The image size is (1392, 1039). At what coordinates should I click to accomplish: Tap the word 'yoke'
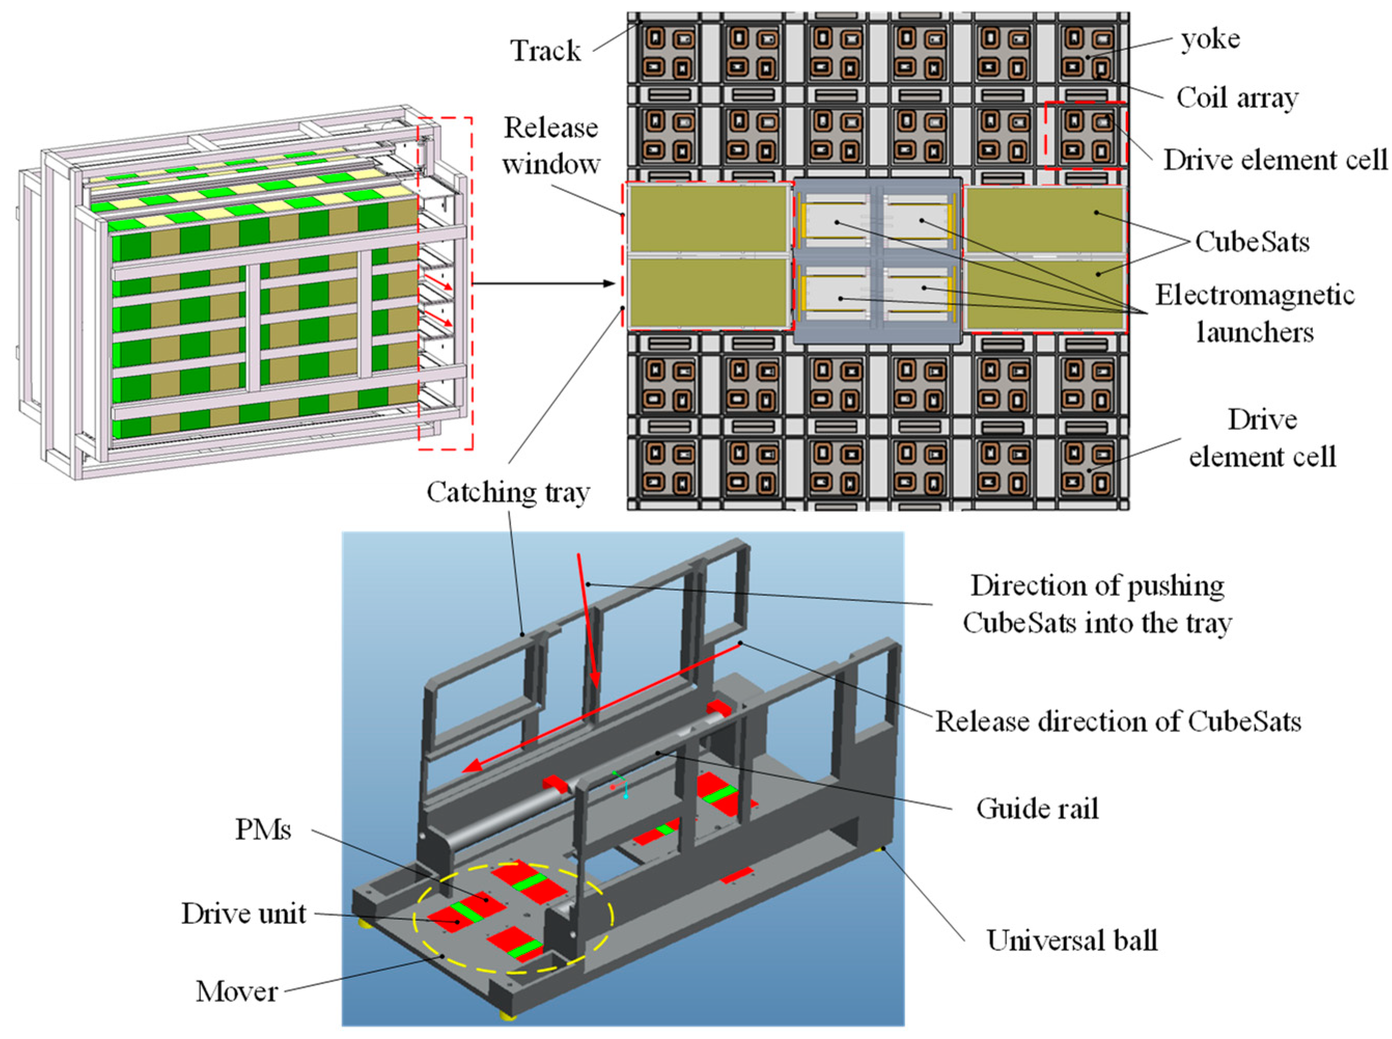(x=1209, y=39)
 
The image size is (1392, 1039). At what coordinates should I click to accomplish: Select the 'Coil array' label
(x=1236, y=97)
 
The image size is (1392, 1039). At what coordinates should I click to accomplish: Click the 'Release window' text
(x=550, y=146)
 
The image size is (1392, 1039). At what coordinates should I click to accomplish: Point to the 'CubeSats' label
(x=1252, y=242)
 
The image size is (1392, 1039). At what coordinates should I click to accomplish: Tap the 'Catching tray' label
(x=508, y=492)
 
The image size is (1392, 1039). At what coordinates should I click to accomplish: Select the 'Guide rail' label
(x=1037, y=808)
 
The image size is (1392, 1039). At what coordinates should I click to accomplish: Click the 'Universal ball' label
(x=1071, y=940)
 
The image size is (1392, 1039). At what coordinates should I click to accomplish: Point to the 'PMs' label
(x=263, y=830)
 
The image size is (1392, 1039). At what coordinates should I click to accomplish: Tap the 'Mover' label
(x=236, y=992)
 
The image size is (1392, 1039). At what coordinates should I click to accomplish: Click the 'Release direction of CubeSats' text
(x=1118, y=721)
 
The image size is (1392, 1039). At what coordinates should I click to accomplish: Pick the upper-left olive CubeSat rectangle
(x=708, y=219)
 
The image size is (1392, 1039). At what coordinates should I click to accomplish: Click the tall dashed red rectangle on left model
(x=446, y=118)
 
